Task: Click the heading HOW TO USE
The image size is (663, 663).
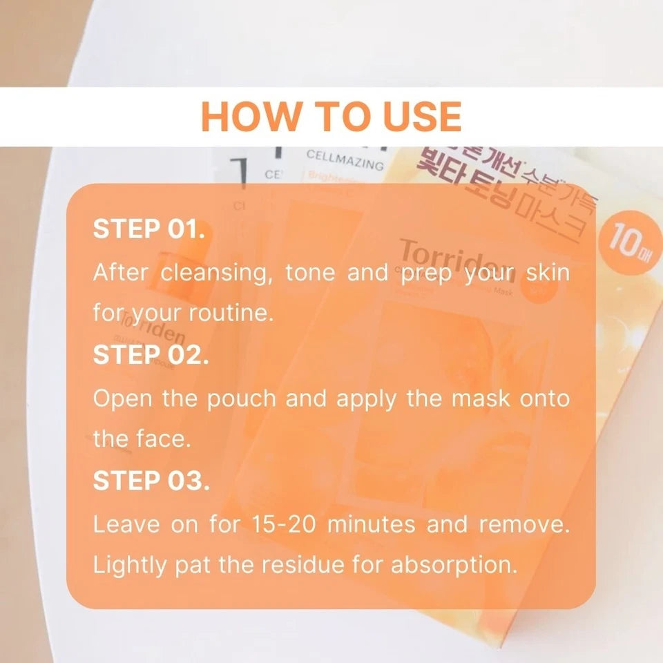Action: (x=331, y=117)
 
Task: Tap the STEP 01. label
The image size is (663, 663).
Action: (x=148, y=229)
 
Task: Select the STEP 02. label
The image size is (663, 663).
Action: (x=151, y=356)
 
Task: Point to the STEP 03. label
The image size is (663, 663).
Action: (x=151, y=481)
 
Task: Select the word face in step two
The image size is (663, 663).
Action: (x=162, y=440)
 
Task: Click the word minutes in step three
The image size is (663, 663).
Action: (x=371, y=524)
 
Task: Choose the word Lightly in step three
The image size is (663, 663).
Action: (x=129, y=566)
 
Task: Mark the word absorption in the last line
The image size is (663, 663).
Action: (x=454, y=566)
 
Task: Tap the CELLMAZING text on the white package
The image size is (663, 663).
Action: (x=344, y=160)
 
